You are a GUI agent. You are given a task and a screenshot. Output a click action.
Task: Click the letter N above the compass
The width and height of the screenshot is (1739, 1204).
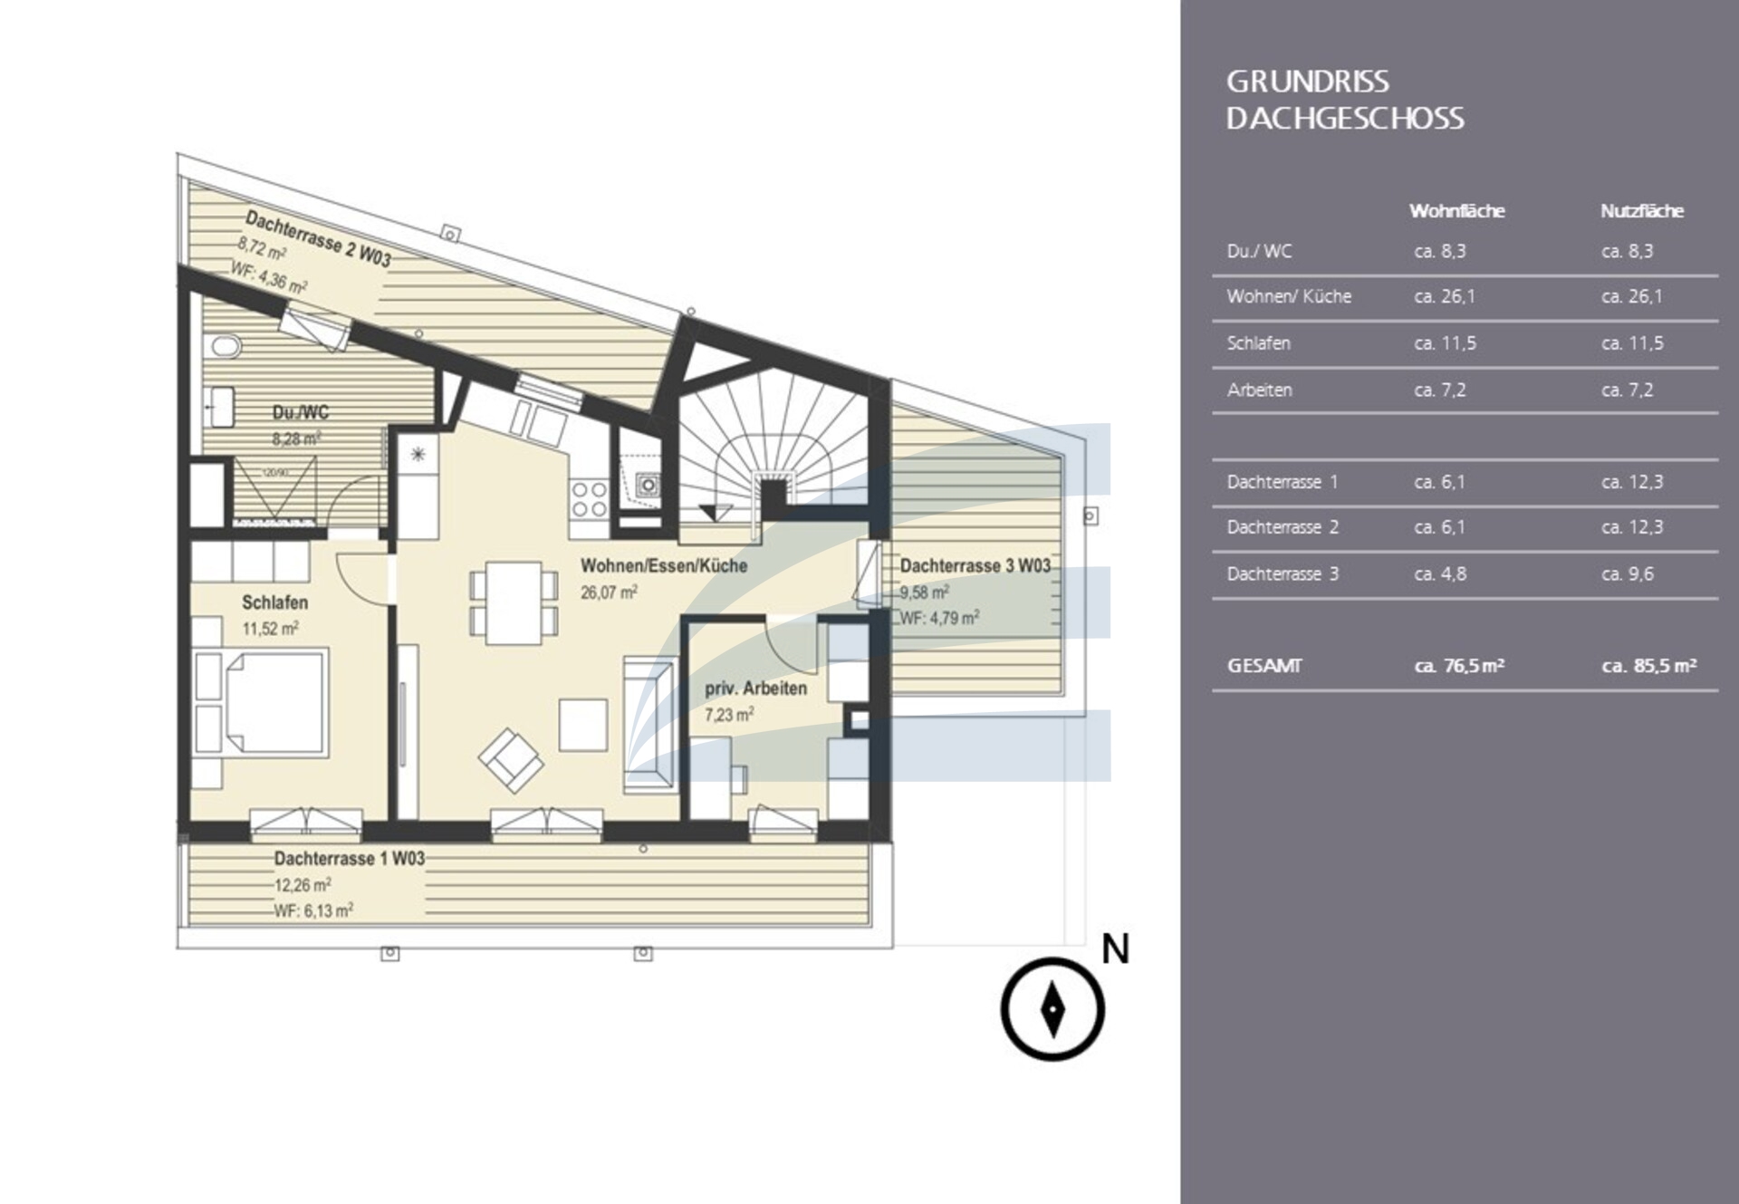[x=1115, y=949]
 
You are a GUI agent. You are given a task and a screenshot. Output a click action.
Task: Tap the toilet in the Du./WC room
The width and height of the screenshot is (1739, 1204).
[x=225, y=346]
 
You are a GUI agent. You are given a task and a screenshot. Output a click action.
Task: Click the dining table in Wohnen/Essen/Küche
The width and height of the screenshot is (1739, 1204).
[x=513, y=602]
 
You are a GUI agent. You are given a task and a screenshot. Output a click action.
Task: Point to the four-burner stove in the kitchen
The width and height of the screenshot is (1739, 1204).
[x=588, y=499]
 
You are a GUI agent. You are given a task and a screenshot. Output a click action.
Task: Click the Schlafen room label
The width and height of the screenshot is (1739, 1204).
[x=274, y=602]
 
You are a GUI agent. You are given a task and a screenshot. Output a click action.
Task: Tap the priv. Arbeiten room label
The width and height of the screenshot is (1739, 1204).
[x=755, y=689]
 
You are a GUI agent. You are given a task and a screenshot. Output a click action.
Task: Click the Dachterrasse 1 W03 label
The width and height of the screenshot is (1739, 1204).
[x=350, y=858]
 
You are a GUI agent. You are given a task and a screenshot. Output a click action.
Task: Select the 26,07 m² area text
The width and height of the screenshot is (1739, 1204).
[x=609, y=592]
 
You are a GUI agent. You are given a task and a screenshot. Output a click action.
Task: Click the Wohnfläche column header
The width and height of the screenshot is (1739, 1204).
[x=1456, y=211]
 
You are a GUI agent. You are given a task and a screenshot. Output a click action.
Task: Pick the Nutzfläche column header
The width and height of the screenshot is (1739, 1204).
[x=1641, y=211]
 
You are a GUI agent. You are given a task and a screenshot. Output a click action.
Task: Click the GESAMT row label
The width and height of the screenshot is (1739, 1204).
[x=1263, y=666]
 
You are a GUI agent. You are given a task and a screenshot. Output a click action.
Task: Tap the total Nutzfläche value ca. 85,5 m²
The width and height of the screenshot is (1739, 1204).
[x=1648, y=666]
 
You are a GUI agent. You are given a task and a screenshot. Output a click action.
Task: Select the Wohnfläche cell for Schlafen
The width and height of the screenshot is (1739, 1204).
[x=1445, y=343]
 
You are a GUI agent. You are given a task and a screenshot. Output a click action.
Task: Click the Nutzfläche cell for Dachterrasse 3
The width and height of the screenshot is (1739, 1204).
[x=1628, y=574]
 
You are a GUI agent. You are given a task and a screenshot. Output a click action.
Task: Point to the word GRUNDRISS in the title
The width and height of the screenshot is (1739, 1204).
[x=1307, y=82]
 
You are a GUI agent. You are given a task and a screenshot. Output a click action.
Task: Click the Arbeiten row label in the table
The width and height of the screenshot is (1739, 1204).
[x=1259, y=390]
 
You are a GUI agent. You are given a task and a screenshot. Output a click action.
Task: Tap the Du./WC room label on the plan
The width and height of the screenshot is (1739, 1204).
[x=300, y=412]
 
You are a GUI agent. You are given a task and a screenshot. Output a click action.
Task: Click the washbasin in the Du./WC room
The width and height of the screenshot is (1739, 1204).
[x=220, y=407]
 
